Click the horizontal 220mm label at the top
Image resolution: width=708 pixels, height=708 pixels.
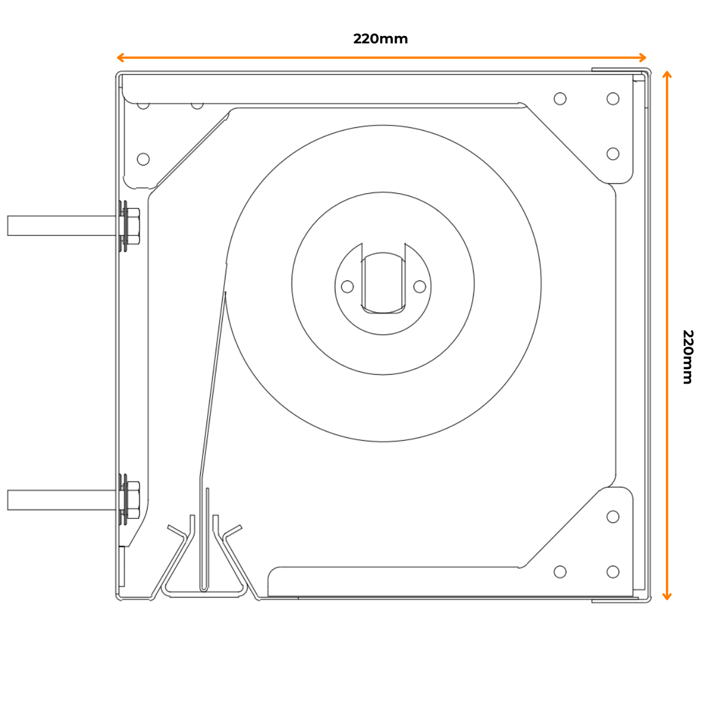(380, 39)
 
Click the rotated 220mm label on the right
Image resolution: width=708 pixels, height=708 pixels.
(687, 357)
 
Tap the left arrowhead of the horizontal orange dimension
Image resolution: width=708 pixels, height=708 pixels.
(120, 57)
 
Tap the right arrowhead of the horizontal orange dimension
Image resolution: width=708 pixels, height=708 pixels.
(643, 57)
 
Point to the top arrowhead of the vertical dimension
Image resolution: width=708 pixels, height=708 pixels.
(667, 75)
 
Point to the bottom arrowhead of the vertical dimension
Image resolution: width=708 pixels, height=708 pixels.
(667, 596)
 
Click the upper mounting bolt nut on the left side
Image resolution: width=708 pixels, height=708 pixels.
(132, 226)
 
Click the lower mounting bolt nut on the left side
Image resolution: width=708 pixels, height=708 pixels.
(132, 500)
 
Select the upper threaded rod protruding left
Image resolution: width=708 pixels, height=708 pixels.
(62, 226)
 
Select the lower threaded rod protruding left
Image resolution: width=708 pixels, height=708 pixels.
(62, 500)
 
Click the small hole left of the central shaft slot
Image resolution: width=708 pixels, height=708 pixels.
(347, 286)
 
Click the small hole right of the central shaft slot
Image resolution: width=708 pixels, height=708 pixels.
(419, 286)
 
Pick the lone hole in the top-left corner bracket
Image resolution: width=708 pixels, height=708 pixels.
(143, 159)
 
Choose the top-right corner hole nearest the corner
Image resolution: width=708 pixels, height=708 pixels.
(613, 98)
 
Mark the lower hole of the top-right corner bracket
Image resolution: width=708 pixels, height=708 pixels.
(613, 154)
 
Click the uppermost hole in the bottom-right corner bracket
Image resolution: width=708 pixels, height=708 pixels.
(613, 517)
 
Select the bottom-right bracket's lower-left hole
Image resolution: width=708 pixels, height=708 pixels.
(560, 571)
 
